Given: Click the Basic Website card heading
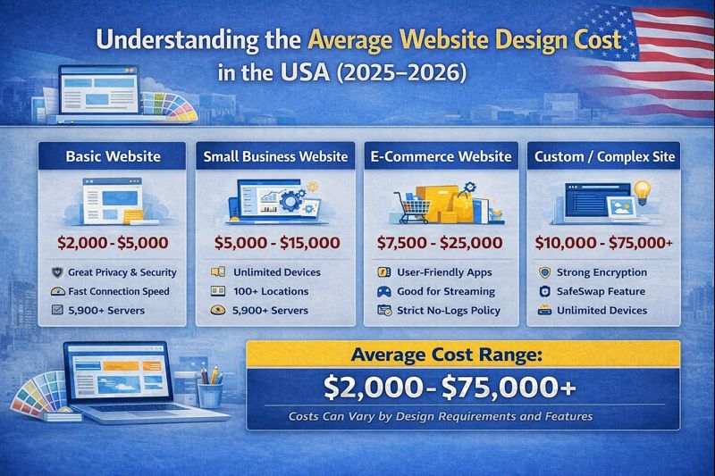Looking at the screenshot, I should click(113, 156).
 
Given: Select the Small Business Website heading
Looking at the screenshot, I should click(275, 156).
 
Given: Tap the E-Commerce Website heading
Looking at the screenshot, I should click(442, 156).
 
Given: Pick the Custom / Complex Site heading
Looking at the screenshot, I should click(604, 156).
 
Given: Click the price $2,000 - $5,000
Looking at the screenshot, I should click(113, 241).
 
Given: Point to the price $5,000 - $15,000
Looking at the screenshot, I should click(277, 242).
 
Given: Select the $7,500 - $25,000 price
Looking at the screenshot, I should click(442, 242).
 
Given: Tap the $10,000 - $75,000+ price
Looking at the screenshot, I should click(604, 242).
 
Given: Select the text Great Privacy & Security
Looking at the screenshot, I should click(122, 272).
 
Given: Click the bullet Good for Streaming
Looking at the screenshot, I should click(444, 291).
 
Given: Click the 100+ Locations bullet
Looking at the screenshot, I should click(271, 291).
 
